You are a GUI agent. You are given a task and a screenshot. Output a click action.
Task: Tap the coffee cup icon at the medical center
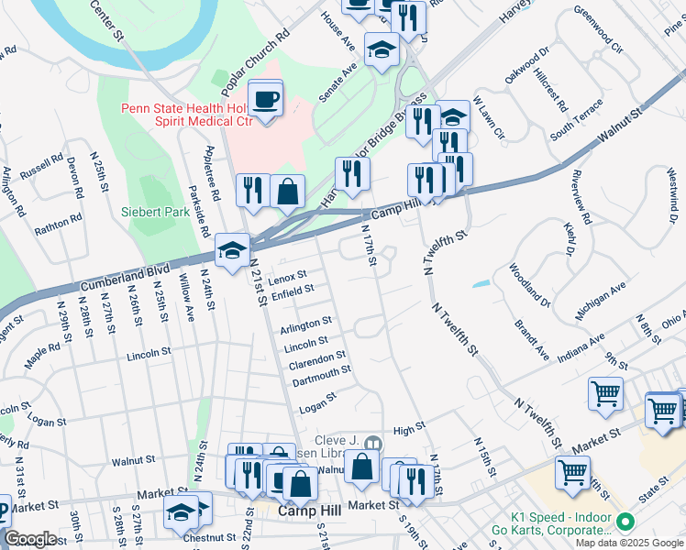click(265, 99)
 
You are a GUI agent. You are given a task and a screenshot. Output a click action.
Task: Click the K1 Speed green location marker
click(626, 522)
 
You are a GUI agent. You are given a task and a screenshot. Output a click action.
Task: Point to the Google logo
click(31, 539)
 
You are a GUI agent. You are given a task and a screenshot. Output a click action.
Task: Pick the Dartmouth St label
click(320, 374)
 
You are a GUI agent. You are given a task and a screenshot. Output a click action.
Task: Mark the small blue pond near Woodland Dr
click(481, 283)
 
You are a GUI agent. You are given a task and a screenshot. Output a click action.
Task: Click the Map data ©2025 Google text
click(629, 543)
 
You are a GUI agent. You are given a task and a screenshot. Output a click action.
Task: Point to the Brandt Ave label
click(531, 340)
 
